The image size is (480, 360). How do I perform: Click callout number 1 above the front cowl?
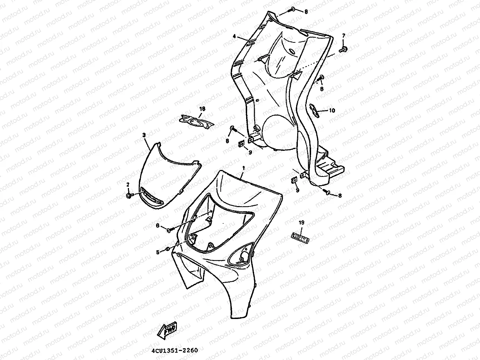[x=243, y=168]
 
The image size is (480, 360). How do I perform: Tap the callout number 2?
[x=128, y=184]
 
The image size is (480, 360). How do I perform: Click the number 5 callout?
[x=157, y=253]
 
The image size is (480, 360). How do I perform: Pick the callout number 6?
[x=157, y=226]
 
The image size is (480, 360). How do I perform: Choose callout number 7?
[x=344, y=35]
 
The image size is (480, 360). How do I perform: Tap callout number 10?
[x=332, y=111]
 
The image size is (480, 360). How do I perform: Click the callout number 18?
[x=202, y=109]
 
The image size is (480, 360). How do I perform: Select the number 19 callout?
[x=301, y=222]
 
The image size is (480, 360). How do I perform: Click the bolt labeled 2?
[x=129, y=196]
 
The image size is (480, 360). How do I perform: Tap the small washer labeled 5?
[x=167, y=249]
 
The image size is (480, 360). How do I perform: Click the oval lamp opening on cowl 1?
[x=241, y=257]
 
